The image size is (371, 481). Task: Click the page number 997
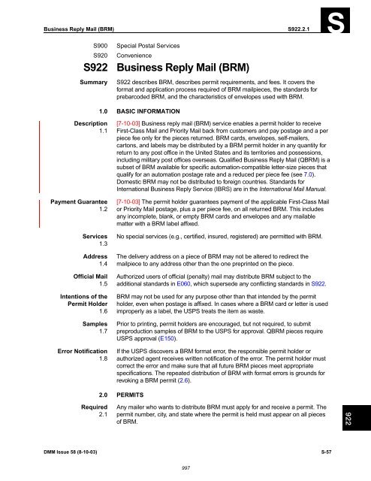184,467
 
